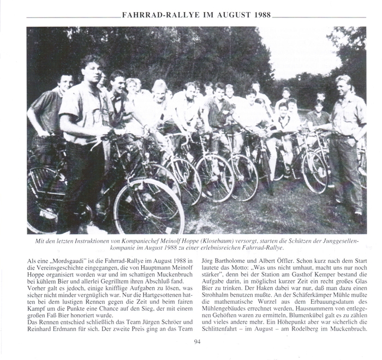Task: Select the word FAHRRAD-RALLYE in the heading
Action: (155, 15)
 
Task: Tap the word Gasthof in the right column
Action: (285, 278)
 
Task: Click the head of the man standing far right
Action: (343, 83)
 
